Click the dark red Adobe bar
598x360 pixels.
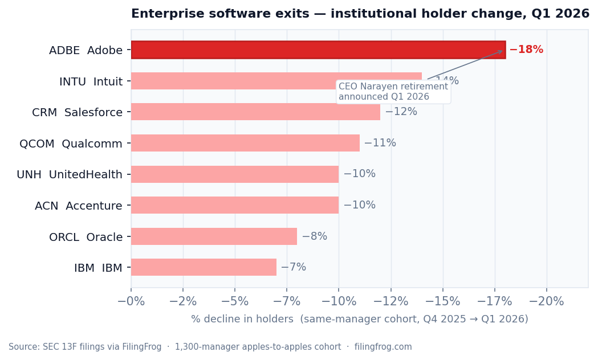[x=318, y=50]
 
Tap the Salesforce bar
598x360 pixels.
[x=255, y=112]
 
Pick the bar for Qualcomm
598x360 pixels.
[x=245, y=143]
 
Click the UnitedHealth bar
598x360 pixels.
[x=235, y=174]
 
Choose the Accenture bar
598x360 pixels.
[x=235, y=205]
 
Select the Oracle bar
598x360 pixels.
[x=214, y=236]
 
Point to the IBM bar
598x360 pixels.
[x=204, y=267]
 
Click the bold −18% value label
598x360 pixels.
[x=526, y=50]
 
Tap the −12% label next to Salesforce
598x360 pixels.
[x=401, y=112]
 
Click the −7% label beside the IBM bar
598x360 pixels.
[x=293, y=267]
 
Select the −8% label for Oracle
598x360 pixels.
[x=314, y=236]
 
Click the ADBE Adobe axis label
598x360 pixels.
[x=86, y=50]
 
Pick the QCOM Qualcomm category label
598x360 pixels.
[x=71, y=144]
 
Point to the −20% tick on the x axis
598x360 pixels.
[x=547, y=301]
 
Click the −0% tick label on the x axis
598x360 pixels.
[x=131, y=301]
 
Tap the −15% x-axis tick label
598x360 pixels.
[x=443, y=301]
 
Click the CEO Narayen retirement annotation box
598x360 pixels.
[x=393, y=92]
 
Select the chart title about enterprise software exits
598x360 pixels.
[x=360, y=14]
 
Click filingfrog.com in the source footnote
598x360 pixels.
[x=383, y=347]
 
